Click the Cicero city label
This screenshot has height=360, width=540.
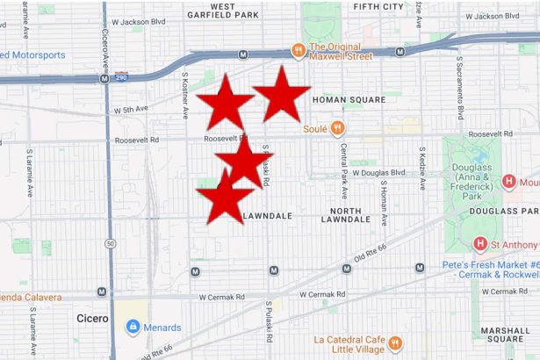click(92, 318)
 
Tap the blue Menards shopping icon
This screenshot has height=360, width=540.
click(133, 328)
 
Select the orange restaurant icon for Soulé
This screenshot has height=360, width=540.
click(337, 127)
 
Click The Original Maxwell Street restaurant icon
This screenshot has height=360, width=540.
click(299, 49)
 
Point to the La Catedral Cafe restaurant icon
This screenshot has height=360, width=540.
click(395, 342)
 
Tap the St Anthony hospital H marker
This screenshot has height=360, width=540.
click(480, 243)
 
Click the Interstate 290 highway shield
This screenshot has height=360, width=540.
click(122, 77)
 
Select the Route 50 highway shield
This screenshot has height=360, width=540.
click(110, 242)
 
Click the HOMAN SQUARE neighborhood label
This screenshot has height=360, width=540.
click(349, 100)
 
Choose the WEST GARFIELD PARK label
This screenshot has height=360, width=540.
click(223, 11)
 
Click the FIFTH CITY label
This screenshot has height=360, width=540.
click(378, 6)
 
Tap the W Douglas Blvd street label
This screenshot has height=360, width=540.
click(378, 173)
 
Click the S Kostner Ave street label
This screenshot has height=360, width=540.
click(185, 95)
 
